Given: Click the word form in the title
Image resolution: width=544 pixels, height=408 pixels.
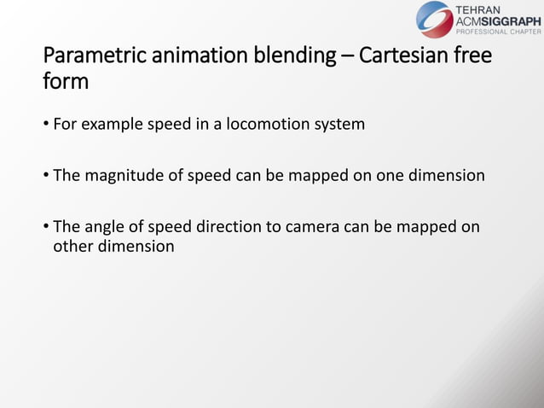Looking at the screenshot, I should pyautogui.click(x=66, y=83).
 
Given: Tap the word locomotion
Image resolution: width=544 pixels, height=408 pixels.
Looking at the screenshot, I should pyautogui.click(x=267, y=125).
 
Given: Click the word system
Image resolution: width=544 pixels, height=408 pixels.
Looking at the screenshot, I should pyautogui.click(x=339, y=125).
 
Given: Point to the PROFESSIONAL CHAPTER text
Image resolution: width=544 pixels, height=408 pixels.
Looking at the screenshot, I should pyautogui.click(x=499, y=32).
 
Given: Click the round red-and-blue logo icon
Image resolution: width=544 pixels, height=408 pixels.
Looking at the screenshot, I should pyautogui.click(x=435, y=19).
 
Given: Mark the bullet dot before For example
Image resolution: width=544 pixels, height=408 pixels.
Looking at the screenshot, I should pyautogui.click(x=46, y=126).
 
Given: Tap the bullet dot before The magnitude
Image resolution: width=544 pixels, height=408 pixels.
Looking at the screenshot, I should pyautogui.click(x=46, y=178).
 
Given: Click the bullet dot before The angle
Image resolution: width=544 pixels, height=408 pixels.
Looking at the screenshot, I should pyautogui.click(x=46, y=228).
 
